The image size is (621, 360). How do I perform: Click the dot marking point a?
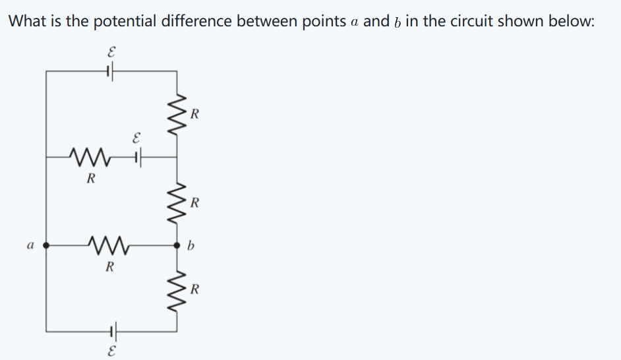[46, 245]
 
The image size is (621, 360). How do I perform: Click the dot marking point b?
[177, 245]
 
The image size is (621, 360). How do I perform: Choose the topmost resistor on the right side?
[177, 114]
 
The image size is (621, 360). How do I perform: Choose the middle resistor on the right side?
[177, 200]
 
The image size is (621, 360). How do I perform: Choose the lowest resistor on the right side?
[177, 288]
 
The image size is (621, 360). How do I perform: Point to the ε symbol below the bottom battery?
[109, 349]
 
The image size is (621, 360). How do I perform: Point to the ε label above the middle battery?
[136, 139]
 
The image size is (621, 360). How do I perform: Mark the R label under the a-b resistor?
[110, 267]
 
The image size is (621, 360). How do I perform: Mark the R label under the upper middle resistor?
[92, 178]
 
